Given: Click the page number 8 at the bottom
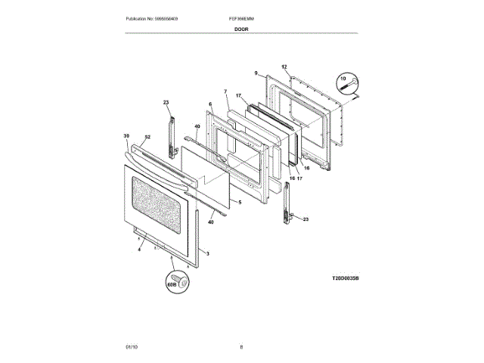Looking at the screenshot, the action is click(241, 346).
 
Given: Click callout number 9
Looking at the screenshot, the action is click(256, 73).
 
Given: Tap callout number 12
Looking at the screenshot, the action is click(284, 67).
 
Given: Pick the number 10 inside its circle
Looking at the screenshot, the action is click(343, 78).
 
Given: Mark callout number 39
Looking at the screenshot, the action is click(126, 136).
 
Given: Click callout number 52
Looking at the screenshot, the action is click(147, 137).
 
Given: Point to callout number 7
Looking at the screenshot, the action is click(225, 92).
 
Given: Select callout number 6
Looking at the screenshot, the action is click(210, 104).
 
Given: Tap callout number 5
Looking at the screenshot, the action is click(239, 203).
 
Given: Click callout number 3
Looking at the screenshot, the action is click(208, 253).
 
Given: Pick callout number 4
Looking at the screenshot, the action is click(139, 250).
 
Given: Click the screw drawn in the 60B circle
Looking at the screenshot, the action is click(180, 280).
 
